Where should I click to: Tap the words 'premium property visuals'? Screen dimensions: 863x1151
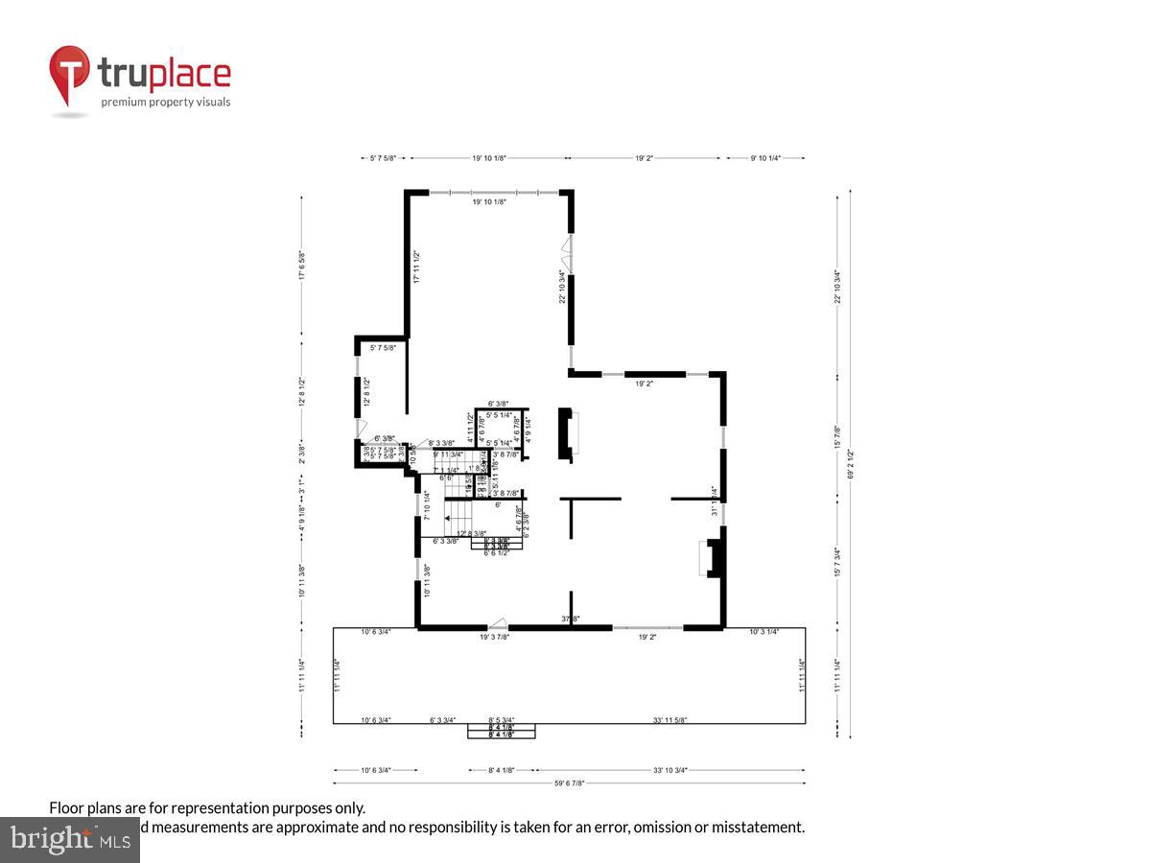[x=166, y=102]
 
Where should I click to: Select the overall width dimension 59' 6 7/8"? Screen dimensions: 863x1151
[x=568, y=783]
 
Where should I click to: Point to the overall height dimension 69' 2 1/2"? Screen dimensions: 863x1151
[x=850, y=465]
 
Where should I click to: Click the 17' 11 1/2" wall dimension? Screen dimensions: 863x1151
[x=416, y=268]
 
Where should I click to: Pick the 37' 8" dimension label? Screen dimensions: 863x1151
[x=571, y=619]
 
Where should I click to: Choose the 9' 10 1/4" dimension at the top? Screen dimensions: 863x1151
[x=764, y=158]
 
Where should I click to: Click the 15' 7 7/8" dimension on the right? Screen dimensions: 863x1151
[x=837, y=436]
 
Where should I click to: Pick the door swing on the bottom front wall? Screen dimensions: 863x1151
[x=497, y=623]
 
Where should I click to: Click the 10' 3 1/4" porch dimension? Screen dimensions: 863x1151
[x=763, y=632]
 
